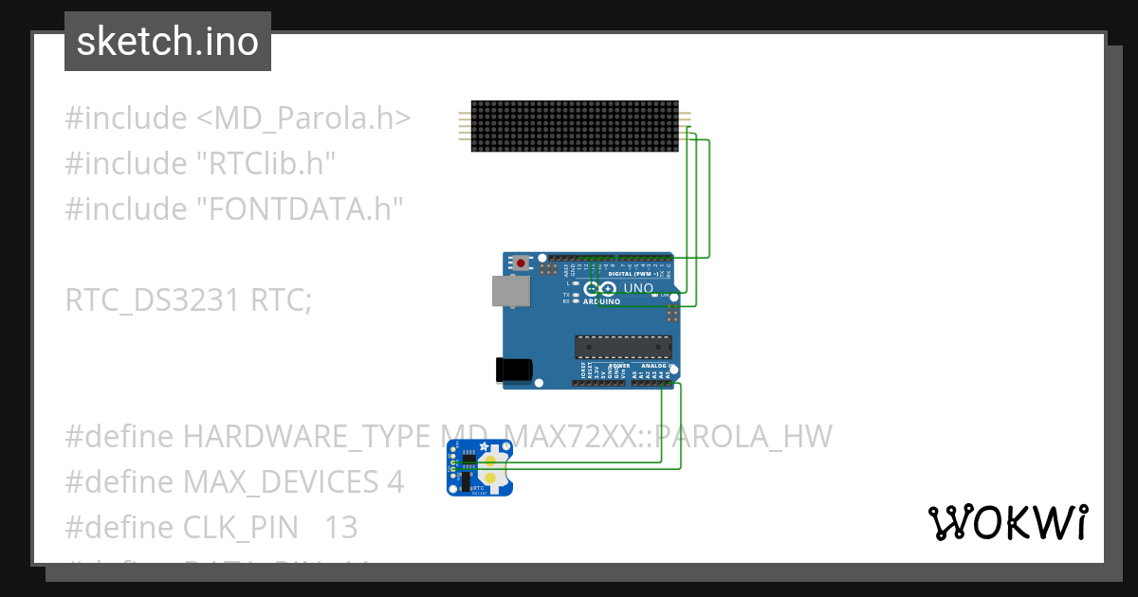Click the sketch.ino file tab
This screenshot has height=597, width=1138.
click(x=168, y=42)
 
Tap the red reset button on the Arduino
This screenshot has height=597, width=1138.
click(x=520, y=262)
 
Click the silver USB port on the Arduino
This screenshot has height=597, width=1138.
click(x=510, y=291)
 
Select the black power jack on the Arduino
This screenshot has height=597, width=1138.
click(x=513, y=370)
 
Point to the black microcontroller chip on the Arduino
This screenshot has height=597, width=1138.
click(x=623, y=348)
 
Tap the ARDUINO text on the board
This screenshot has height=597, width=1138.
click(x=602, y=301)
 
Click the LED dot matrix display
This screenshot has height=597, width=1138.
click(x=575, y=125)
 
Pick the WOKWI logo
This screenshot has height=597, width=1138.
click(x=1007, y=522)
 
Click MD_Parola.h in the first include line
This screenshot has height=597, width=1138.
click(x=303, y=118)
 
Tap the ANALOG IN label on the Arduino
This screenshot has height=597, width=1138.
click(x=655, y=365)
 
